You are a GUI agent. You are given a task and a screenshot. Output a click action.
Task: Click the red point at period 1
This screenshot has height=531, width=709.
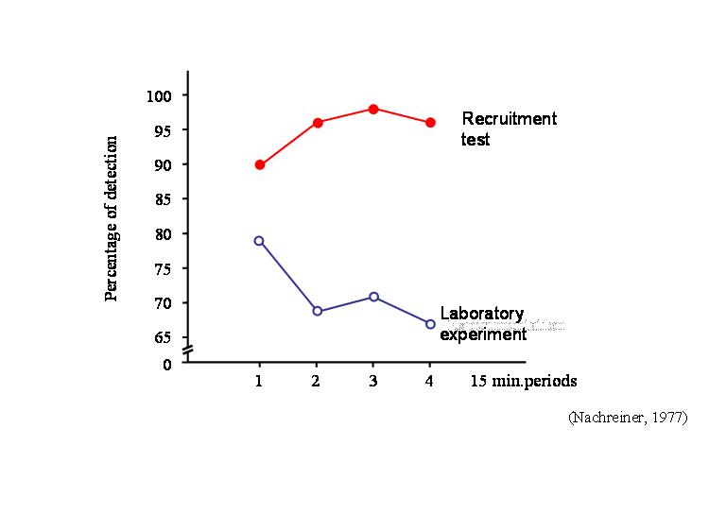click(260, 164)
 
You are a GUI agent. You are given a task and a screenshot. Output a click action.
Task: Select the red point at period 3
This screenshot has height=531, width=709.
click(373, 109)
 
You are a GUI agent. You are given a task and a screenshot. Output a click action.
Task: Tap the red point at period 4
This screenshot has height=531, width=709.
click(430, 123)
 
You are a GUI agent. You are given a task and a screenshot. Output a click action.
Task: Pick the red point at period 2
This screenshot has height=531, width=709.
click(318, 123)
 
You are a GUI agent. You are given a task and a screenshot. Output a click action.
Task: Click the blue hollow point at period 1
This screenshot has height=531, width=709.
click(259, 241)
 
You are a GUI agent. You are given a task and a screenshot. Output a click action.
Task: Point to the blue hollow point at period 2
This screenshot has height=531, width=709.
click(317, 311)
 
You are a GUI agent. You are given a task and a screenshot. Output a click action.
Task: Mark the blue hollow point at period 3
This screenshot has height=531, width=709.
click(373, 297)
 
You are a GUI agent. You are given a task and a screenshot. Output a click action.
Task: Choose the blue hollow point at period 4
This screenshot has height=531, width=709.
click(430, 324)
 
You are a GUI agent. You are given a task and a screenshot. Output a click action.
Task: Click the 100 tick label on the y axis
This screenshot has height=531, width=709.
click(159, 95)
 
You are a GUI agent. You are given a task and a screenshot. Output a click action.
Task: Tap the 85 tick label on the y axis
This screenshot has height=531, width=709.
click(163, 199)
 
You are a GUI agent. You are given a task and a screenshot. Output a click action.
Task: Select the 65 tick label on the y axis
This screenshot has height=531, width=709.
click(163, 337)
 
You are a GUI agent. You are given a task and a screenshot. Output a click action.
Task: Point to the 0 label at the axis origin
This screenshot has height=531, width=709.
click(167, 365)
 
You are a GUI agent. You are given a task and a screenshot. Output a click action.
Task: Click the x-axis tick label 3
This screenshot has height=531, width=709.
click(372, 381)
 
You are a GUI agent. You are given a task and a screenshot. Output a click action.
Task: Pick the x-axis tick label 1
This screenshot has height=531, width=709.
click(259, 381)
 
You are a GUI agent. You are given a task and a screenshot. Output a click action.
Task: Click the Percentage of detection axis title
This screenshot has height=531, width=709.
click(112, 218)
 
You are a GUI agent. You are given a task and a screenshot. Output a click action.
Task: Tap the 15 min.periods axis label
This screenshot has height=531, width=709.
click(524, 381)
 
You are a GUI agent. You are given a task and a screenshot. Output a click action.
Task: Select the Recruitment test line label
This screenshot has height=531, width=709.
click(509, 129)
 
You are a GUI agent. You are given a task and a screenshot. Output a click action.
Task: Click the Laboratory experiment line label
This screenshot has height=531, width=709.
click(482, 323)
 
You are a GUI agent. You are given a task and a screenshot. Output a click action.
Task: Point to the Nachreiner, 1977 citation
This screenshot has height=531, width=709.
click(628, 417)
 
